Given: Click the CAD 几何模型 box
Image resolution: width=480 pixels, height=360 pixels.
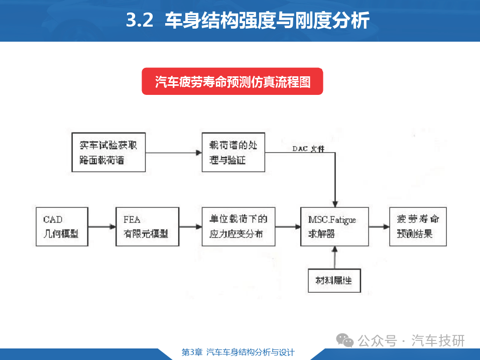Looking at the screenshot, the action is pos(62,226).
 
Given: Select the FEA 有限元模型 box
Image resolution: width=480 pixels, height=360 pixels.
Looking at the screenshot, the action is pos(147,226).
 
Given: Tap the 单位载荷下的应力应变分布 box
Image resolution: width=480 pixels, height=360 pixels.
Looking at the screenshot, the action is pos(238,226).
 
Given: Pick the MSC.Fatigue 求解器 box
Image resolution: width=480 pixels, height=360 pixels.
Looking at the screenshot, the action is pos(334,226).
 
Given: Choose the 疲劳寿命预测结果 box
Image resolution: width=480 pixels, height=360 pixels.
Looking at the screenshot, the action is pos(418,226).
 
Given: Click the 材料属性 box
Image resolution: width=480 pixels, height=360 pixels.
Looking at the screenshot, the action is pos(334,280).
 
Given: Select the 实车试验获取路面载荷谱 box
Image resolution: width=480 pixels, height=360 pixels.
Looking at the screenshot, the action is pos(108,152).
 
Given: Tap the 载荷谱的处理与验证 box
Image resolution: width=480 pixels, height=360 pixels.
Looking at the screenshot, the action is pos(233,152).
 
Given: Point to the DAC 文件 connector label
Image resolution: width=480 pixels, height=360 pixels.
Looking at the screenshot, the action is pos(308,149).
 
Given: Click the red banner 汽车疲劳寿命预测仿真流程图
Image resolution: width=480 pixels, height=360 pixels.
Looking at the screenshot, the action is pos(232,81).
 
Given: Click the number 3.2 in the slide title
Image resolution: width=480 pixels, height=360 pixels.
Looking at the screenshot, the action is pos(140,20).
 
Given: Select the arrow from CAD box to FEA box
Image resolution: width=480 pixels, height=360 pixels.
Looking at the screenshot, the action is pos(102,227).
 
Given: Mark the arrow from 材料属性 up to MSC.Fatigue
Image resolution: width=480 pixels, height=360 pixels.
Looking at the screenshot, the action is pos(335,258).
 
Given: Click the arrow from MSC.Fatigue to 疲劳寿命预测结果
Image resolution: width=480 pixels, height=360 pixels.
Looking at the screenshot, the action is pos(379,227).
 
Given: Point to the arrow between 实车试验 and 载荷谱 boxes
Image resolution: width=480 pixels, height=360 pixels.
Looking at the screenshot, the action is pos(174,153).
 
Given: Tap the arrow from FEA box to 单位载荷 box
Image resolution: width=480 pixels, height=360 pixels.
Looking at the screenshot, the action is pos(190,227).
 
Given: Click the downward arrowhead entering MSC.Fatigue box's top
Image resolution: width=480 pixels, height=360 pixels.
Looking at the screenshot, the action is pos(335,204).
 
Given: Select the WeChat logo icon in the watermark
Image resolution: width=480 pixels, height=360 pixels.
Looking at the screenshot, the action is pos(345,340).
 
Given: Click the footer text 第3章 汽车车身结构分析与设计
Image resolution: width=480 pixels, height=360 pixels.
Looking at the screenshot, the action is pos(238,352).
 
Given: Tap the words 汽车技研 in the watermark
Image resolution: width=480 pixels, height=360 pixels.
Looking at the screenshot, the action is pos(438,340).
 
